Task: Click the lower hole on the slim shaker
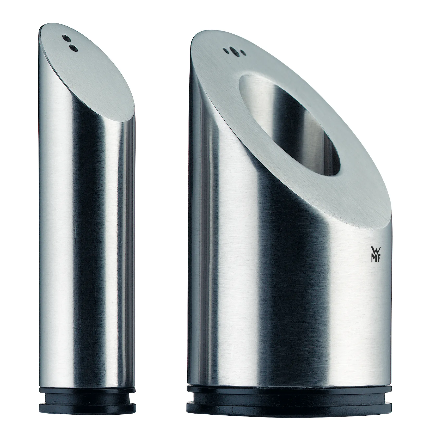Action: point(73,47)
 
